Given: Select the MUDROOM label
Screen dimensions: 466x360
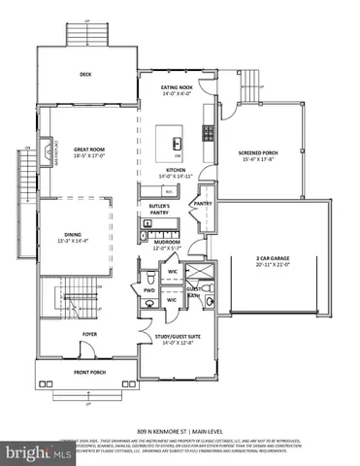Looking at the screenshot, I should click(168, 243).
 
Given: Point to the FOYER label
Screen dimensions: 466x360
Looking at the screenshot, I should click(89, 334).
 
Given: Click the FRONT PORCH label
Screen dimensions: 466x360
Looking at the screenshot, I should click(90, 373).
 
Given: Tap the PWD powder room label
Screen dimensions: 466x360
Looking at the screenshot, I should click(149, 289).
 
